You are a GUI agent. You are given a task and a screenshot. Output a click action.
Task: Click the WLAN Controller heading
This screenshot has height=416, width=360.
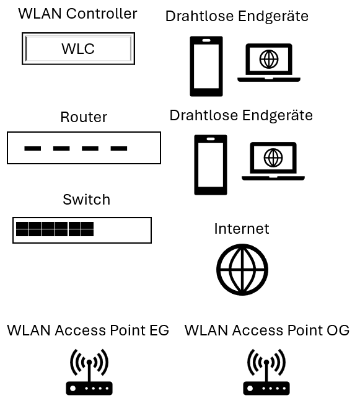pos(77,14)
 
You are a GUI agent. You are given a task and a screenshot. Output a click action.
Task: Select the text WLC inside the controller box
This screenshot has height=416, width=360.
pos(78,49)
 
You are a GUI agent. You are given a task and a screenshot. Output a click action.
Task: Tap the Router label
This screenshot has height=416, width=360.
pos(84,117)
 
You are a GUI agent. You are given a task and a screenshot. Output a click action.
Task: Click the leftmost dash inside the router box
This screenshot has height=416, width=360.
pos(33,149)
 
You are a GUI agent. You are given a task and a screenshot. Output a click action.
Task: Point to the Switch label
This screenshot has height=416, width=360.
pos(86,200)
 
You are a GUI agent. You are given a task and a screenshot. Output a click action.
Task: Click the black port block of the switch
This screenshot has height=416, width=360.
pos(55,229)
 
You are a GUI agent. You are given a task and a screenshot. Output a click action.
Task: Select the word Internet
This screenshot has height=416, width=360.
pos(242,229)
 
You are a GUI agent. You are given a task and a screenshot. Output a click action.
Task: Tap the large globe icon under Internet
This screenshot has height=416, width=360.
pos(242,270)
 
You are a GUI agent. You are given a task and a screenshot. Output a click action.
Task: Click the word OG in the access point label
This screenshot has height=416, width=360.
pos(338,330)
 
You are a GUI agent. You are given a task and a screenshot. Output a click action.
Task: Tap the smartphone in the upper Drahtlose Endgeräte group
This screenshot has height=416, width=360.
pos(206,66)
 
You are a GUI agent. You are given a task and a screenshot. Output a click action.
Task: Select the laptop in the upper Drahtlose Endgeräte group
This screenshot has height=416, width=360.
pos(269,63)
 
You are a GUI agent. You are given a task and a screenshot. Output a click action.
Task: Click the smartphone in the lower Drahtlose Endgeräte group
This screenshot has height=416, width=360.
pos(211,165)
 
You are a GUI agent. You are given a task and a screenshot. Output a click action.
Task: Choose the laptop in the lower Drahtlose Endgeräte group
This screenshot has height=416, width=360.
pos(273,161)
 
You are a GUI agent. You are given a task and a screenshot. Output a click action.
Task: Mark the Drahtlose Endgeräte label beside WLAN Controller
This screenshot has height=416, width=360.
pos(237,17)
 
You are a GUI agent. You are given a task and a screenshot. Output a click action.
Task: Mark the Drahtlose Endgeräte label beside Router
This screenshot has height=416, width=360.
pos(241,115)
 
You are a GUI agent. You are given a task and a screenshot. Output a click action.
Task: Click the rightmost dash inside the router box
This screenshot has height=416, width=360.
pos(119,149)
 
